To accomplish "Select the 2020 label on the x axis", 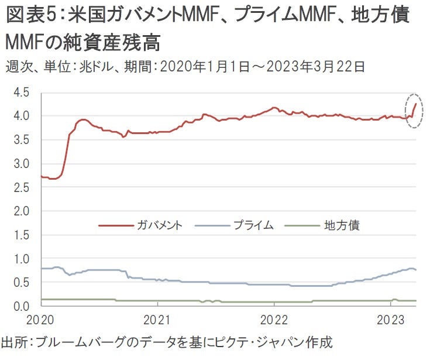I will click(x=42, y=321).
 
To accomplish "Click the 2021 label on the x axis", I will click(x=158, y=321).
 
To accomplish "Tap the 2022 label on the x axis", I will click(x=274, y=321).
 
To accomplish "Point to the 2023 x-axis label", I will click(x=391, y=321).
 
